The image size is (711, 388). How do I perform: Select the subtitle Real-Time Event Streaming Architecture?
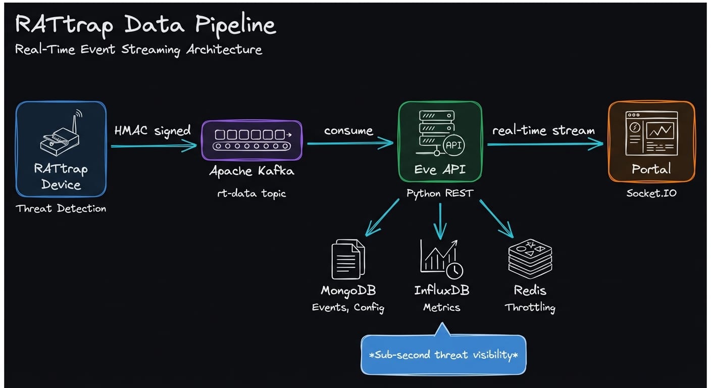(138, 50)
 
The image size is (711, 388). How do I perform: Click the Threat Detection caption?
(61, 209)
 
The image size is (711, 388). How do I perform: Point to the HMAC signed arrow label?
(153, 131)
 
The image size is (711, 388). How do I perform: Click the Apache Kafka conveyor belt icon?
(252, 140)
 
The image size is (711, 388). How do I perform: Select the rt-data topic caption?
(251, 193)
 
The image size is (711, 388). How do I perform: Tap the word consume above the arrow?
(348, 131)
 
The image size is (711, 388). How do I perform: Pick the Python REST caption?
(440, 193)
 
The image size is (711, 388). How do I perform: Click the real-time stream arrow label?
(543, 131)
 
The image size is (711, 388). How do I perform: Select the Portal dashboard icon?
(651, 133)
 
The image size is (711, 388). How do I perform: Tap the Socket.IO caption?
(651, 193)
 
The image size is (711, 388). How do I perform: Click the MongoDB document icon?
(348, 259)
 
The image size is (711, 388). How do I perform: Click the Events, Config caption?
(348, 308)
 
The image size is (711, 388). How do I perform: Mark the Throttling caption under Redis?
(530, 307)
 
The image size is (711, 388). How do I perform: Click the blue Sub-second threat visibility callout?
(443, 355)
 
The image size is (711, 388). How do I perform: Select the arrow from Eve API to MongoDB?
(383, 218)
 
